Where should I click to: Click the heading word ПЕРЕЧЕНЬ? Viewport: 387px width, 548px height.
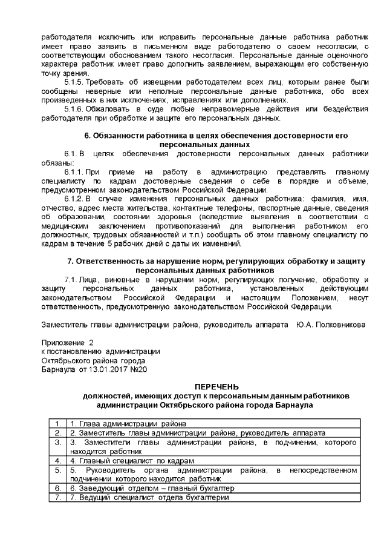(x=216, y=386)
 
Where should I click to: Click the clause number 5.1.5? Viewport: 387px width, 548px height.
(x=74, y=81)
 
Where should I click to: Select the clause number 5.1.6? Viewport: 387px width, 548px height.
(x=74, y=108)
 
